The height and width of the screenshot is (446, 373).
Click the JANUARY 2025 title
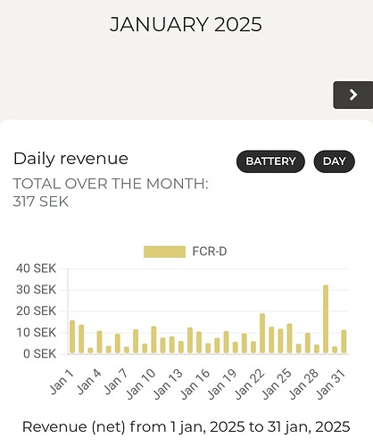tap(186, 24)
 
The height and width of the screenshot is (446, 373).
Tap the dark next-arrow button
tap(352, 95)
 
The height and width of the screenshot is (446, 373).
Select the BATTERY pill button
tap(270, 161)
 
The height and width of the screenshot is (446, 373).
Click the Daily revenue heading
tap(70, 159)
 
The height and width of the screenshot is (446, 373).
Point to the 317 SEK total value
tap(41, 202)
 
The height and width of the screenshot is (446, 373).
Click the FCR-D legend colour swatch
tap(164, 252)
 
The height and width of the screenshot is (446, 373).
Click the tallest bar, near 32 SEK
tap(326, 319)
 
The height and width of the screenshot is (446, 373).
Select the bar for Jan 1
tap(72, 336)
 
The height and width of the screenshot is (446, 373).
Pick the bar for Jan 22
tap(262, 334)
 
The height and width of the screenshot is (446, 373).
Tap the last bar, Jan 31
tap(344, 342)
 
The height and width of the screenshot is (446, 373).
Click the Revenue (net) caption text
tap(186, 426)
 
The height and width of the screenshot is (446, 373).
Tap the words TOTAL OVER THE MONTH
tap(110, 184)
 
